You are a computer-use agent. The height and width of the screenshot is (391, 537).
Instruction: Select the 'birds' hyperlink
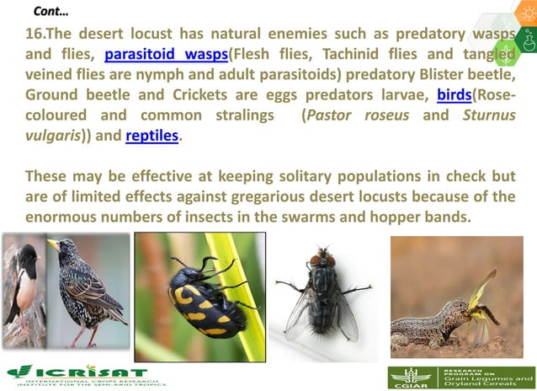coord(454,94)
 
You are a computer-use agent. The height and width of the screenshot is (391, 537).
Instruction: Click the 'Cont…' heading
coord(51,11)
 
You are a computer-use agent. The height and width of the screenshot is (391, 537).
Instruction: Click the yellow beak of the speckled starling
coord(54,245)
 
